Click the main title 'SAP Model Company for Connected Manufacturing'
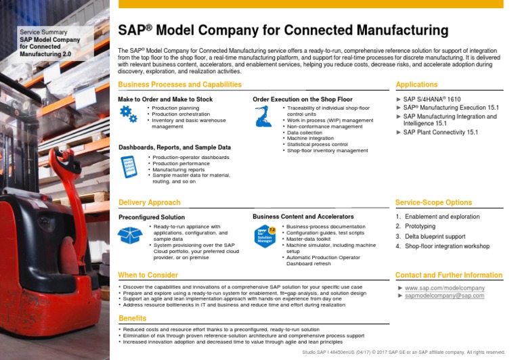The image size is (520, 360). click(283, 30)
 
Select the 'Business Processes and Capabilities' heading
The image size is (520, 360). click(179, 85)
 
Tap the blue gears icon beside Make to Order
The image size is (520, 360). click(128, 114)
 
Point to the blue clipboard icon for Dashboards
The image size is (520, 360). click(128, 166)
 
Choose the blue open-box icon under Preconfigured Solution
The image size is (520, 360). click(129, 235)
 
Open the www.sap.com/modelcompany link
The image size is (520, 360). click(445, 288)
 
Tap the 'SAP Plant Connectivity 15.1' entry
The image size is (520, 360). click(440, 133)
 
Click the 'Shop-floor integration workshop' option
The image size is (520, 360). click(447, 246)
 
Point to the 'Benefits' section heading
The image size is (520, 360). click(132, 318)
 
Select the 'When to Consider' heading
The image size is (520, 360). click(148, 275)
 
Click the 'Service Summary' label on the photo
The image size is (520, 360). click(43, 32)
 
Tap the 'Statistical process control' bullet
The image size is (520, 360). click(317, 144)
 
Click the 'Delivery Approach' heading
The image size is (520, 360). click(149, 202)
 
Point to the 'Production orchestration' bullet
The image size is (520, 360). click(180, 114)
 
